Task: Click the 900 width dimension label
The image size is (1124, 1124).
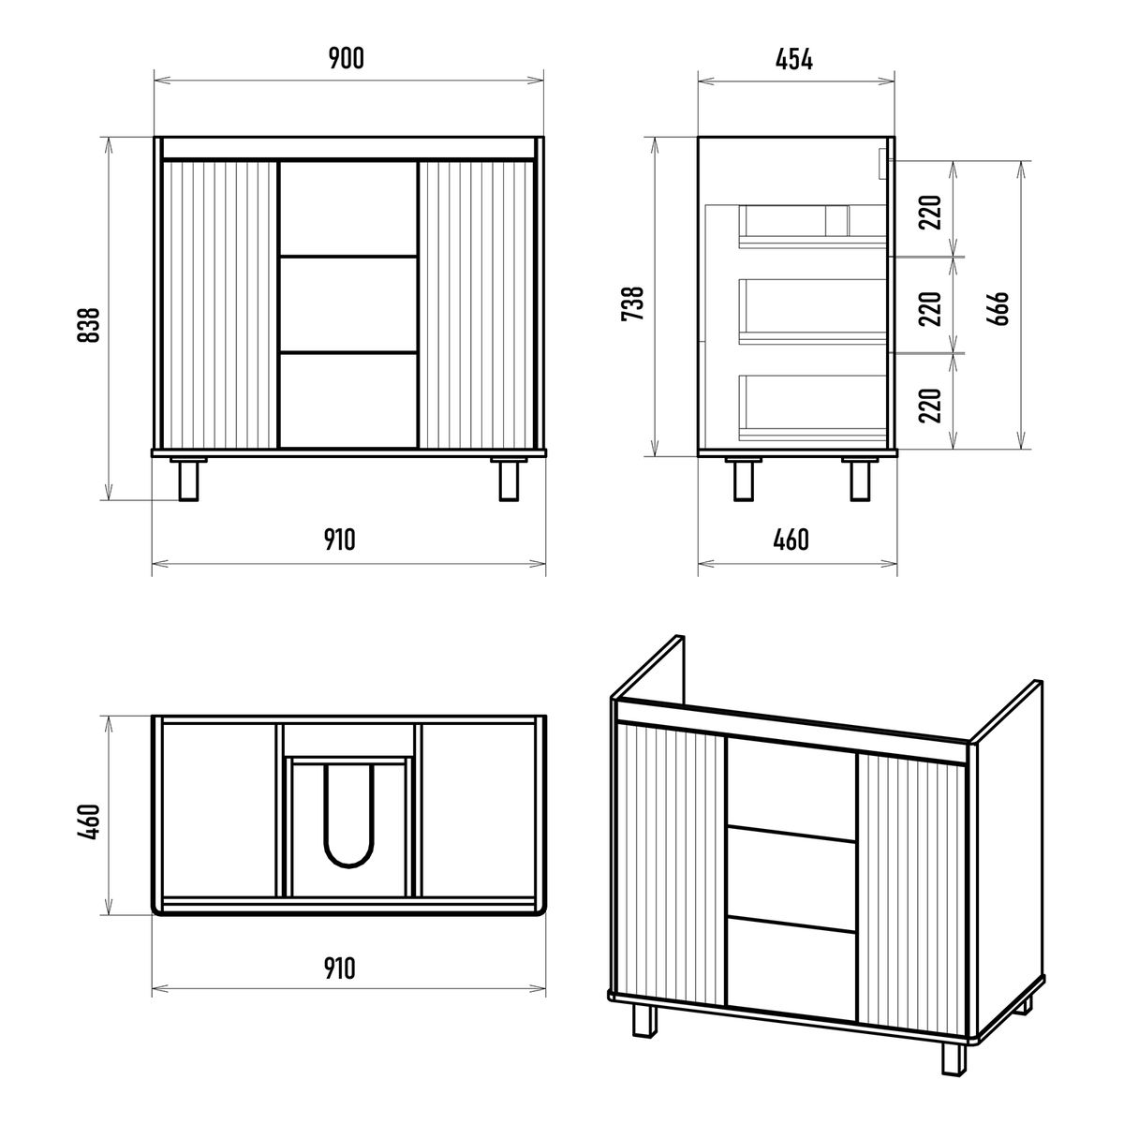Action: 347,58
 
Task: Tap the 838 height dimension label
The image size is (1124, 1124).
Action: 89,325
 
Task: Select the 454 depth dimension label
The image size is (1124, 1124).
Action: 794,59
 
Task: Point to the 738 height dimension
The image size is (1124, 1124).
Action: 632,303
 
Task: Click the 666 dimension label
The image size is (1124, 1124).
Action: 998,307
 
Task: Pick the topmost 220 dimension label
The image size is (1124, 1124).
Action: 930,213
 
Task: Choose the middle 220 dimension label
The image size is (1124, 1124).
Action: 930,308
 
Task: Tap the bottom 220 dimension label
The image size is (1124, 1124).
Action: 930,405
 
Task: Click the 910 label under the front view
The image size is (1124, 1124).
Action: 339,540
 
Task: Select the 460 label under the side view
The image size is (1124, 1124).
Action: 791,540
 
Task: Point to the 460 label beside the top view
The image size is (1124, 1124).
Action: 89,821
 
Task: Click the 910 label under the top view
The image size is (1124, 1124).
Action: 339,969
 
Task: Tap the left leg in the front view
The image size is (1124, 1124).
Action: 188,481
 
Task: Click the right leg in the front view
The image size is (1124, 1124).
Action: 510,481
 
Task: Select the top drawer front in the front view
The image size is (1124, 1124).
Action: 348,208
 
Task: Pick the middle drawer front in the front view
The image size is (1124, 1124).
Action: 348,303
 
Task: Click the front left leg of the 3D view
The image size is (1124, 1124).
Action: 644,1020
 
